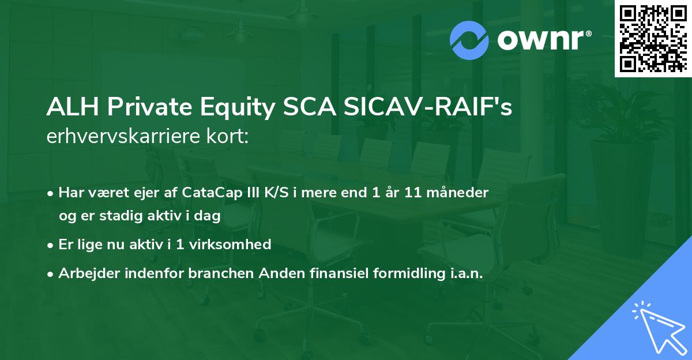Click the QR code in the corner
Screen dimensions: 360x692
[653, 38]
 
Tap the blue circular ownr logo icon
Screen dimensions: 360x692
[469, 40]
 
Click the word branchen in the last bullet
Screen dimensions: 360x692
[215, 274]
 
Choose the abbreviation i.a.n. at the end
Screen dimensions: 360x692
[464, 274]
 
